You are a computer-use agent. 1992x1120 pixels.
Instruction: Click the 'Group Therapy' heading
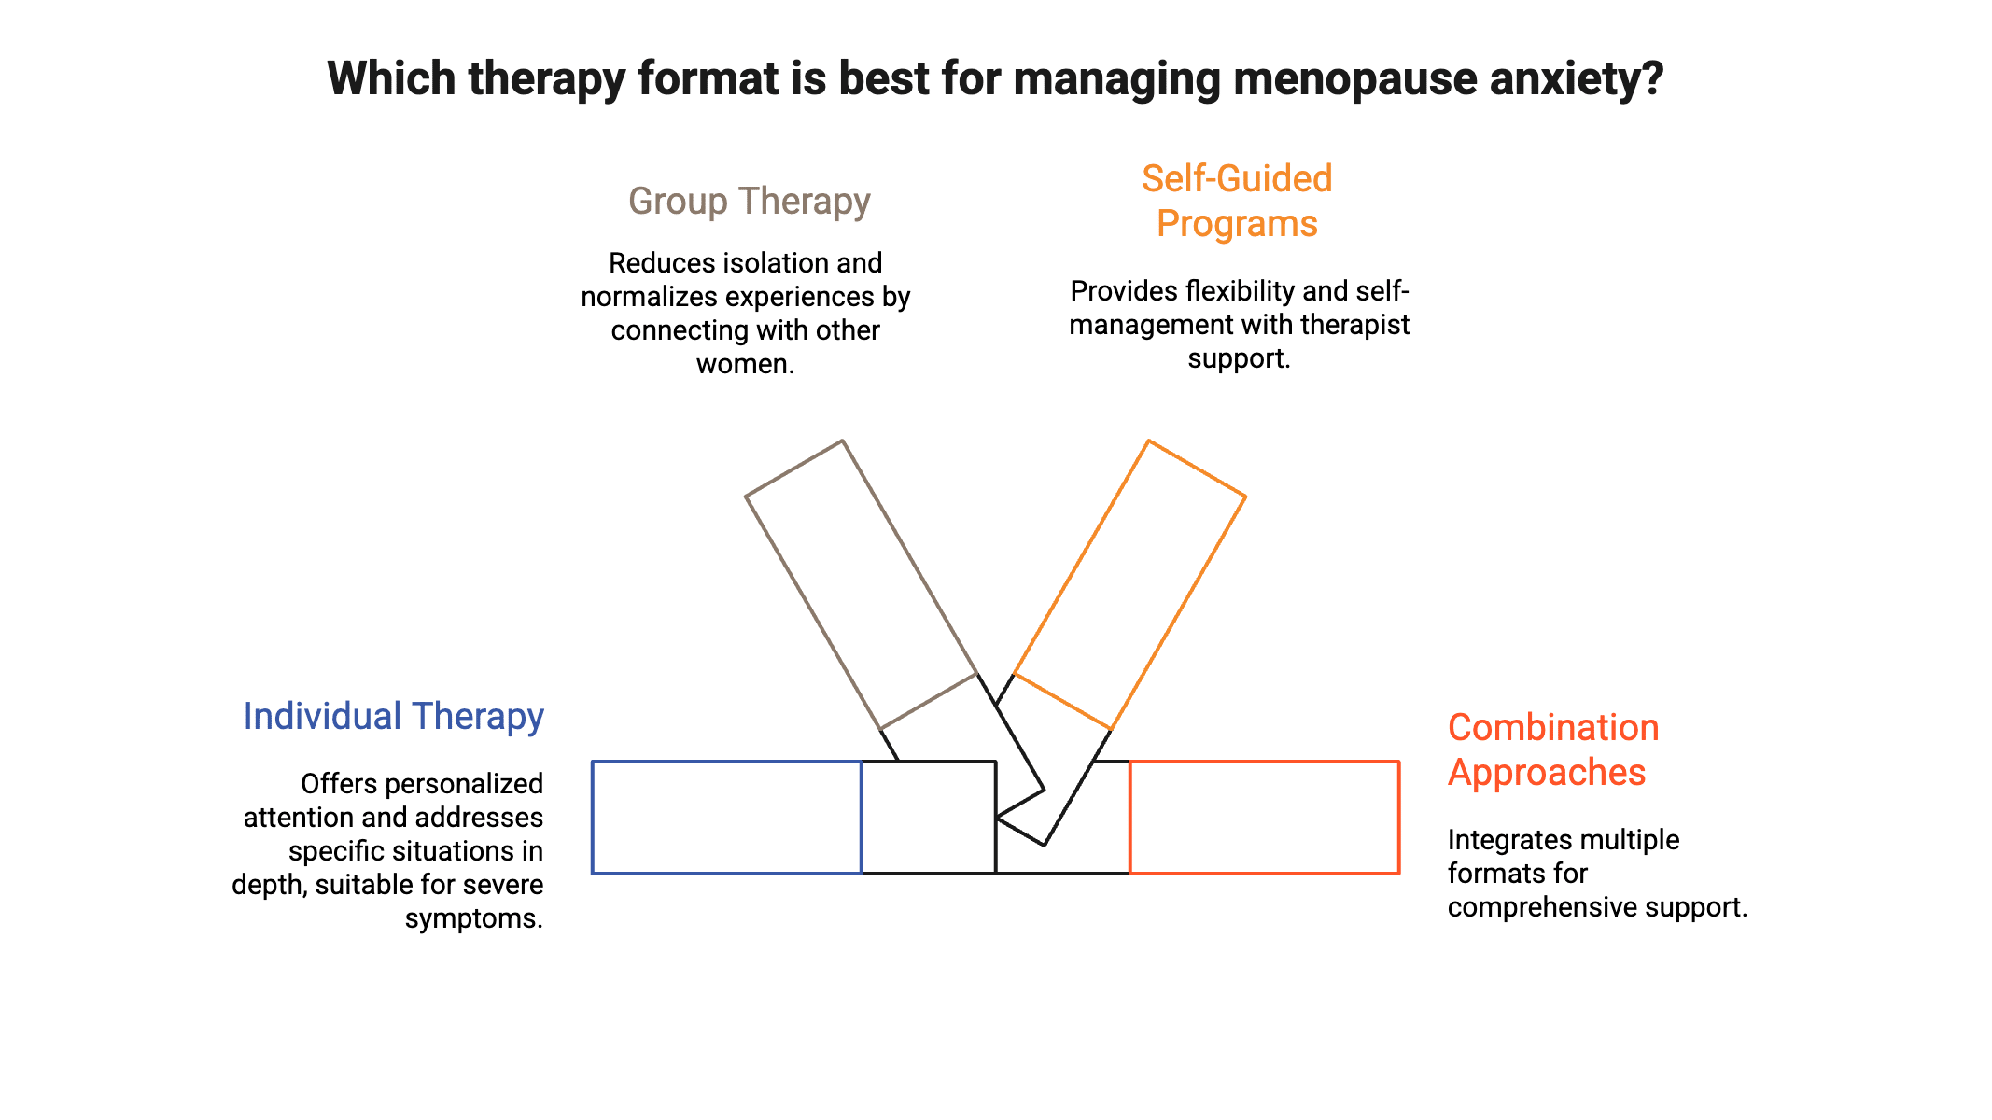749,202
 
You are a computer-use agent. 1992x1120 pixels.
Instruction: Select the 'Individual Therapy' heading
393,717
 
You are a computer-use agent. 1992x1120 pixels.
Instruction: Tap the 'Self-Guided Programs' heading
1237,202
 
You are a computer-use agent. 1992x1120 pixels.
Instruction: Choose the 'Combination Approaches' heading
1552,749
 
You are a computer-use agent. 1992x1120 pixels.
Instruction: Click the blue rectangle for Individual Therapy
726,818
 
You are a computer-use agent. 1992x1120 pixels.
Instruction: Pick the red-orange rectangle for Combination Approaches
1264,818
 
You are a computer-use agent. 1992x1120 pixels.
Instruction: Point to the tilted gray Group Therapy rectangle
861,584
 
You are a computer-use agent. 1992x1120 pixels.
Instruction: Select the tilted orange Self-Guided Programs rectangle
1129,584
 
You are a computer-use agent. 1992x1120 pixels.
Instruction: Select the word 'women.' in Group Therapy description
745,364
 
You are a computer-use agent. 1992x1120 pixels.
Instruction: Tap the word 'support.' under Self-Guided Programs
1239,358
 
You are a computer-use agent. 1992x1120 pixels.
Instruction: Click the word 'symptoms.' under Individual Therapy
473,918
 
